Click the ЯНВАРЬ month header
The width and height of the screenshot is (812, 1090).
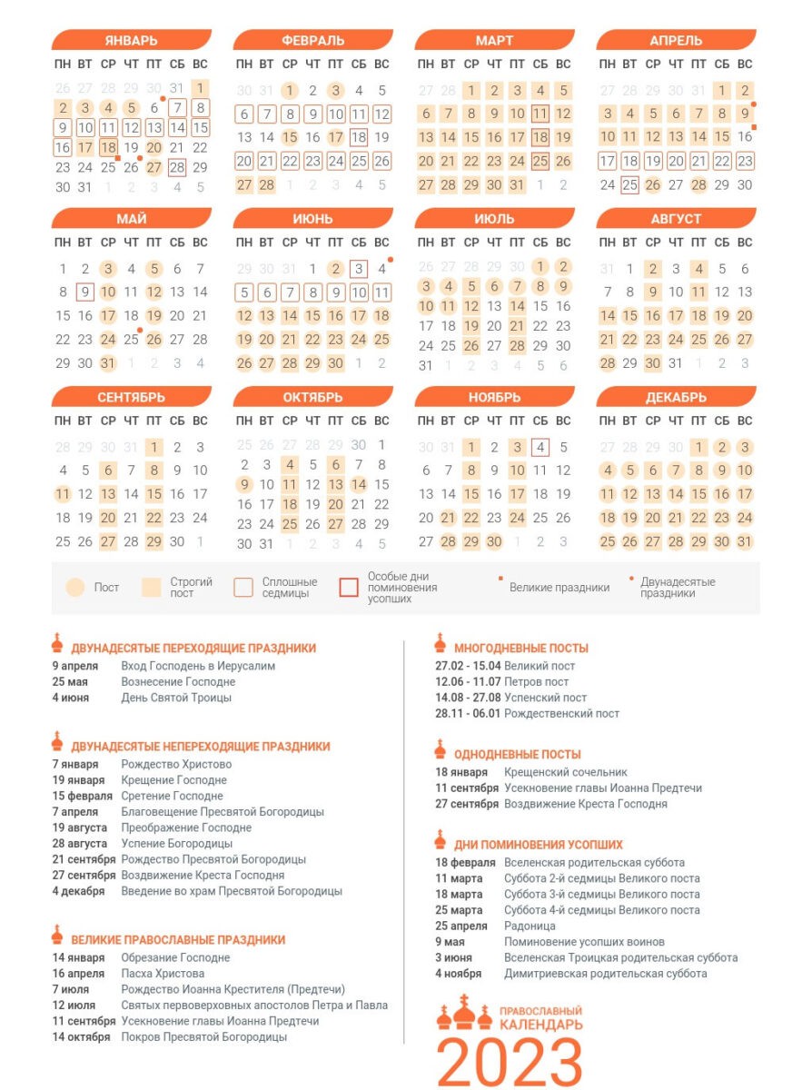coord(131,41)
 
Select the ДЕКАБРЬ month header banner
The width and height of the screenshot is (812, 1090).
coord(676,398)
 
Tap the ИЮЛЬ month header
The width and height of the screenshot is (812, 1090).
coord(494,219)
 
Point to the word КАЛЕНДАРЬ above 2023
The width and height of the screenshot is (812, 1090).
coord(541,1025)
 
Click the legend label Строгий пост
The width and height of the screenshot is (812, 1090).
coord(191,587)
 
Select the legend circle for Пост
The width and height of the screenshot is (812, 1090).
coord(76,587)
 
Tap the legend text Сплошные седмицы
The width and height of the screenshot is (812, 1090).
coord(290,587)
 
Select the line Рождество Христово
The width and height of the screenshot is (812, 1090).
coord(176,765)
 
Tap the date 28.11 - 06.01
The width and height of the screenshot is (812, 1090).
coord(469,714)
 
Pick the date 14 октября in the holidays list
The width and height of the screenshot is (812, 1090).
coord(81,1037)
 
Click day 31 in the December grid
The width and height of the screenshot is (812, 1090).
coord(745,541)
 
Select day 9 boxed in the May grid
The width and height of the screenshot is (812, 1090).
coord(85,292)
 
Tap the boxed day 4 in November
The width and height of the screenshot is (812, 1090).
coord(540,447)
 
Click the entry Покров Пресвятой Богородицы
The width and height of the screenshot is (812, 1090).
coord(204,1037)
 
